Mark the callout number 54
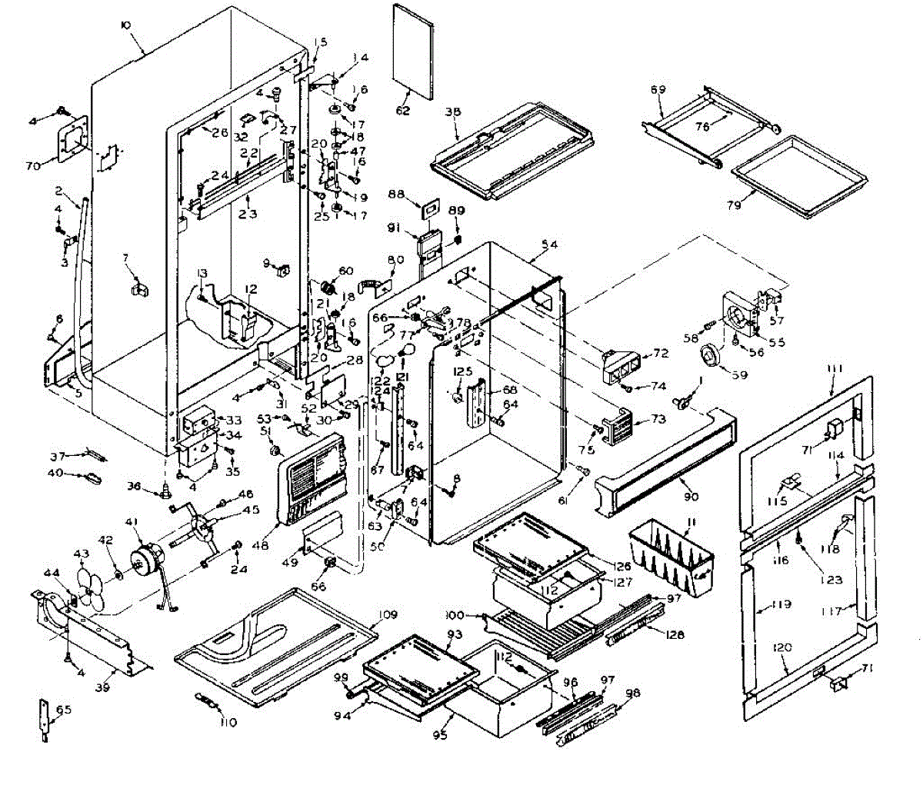point(548,244)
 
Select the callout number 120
point(782,648)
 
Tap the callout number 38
point(452,111)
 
